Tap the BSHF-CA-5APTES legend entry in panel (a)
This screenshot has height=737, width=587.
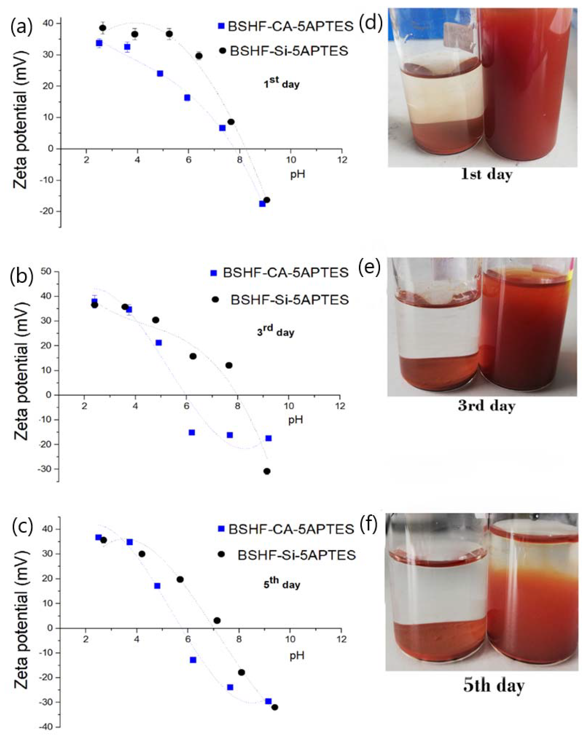click(286, 26)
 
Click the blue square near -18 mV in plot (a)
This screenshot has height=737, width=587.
click(262, 204)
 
